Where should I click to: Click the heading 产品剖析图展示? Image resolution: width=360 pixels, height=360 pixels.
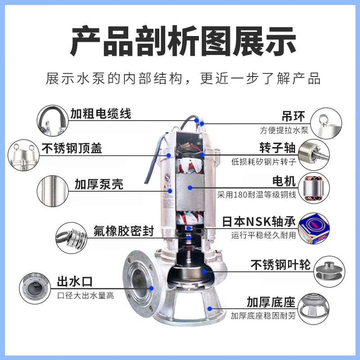[183, 41]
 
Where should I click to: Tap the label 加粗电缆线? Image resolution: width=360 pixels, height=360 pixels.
[100, 114]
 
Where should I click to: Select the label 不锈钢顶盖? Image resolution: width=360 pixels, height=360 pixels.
[72, 148]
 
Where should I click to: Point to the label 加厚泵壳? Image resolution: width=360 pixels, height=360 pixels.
[99, 184]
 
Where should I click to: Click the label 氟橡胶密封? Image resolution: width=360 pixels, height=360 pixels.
[123, 231]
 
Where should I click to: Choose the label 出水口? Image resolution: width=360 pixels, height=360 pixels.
[75, 282]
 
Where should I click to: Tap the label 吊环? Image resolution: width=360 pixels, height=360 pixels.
[293, 116]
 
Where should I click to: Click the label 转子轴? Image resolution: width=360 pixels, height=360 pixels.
[277, 148]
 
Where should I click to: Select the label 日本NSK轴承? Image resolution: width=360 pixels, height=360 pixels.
[259, 222]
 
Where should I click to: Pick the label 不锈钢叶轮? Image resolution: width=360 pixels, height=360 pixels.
[280, 265]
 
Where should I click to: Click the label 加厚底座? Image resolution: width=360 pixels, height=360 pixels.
[271, 302]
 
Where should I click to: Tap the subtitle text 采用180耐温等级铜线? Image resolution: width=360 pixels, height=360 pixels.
[256, 195]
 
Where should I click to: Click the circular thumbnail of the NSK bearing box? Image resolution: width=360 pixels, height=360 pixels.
[314, 228]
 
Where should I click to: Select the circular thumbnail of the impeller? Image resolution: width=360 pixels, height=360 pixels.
[329, 271]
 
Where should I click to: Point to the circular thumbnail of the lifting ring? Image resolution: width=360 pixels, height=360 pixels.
[326, 123]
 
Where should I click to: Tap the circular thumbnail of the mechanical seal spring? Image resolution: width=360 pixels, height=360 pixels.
[72, 238]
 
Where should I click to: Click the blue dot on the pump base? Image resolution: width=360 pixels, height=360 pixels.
[209, 309]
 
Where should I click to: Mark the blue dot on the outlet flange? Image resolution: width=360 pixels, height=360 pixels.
[151, 288]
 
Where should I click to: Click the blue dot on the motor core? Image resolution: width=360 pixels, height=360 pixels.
[190, 188]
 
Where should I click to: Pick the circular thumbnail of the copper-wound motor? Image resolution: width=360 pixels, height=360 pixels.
[314, 188]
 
